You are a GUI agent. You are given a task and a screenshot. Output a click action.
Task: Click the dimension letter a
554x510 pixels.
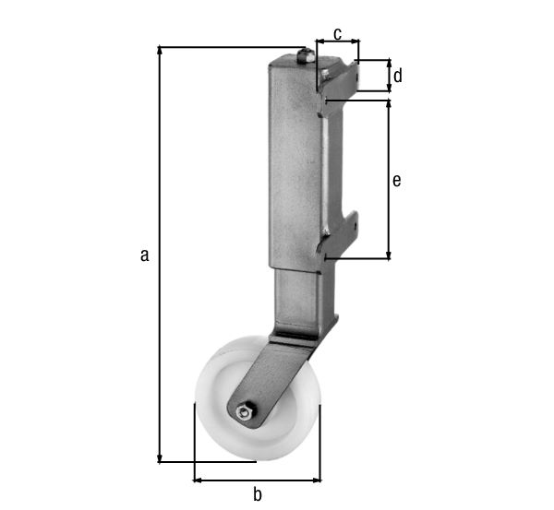click(144, 255)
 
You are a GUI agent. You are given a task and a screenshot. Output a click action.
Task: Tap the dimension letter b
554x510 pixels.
click(258, 494)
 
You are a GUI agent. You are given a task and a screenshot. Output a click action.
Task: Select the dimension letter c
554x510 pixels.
click(337, 34)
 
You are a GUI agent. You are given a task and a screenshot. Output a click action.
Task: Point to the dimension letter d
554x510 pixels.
click(398, 76)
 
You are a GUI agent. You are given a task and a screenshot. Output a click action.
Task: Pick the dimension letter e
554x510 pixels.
click(397, 181)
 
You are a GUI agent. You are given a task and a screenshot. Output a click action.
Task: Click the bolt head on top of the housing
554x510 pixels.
click(307, 55)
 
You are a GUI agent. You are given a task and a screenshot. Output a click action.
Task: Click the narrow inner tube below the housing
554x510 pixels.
click(300, 295)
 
